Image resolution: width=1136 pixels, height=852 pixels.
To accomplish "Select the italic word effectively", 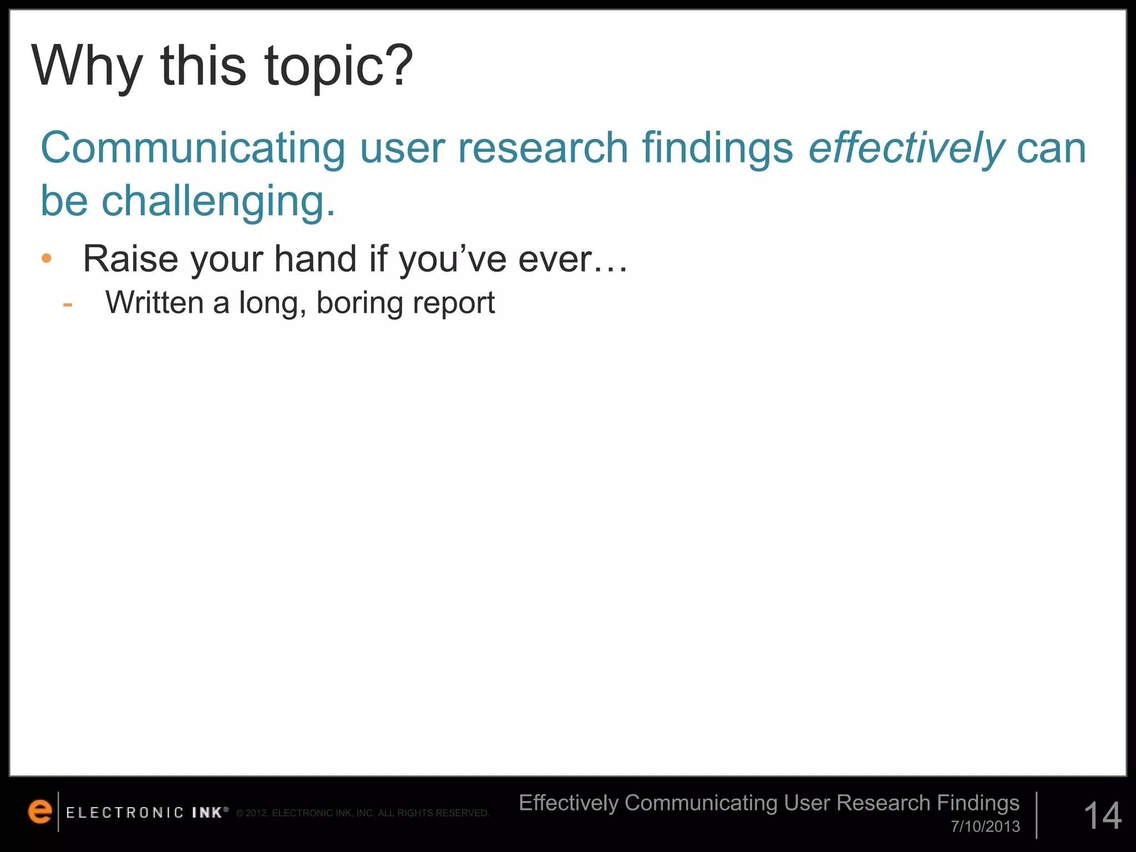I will click(906, 149).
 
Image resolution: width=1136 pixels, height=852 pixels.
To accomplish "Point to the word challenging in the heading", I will click(218, 201).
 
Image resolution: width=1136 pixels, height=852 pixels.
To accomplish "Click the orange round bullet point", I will click(47, 258).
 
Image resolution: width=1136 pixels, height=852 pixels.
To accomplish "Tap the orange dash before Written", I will click(68, 304).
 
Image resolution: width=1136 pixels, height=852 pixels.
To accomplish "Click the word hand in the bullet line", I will click(315, 258).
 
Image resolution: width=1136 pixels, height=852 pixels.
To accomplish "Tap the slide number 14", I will click(1102, 815).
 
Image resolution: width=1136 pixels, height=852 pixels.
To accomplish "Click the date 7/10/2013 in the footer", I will click(985, 826).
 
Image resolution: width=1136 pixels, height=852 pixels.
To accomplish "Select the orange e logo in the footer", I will click(39, 812).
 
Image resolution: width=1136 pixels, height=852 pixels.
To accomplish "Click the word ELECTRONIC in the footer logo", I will click(125, 813).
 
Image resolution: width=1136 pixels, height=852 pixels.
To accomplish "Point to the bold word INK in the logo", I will click(207, 813).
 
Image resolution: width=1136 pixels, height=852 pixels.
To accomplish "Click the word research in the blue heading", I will click(542, 149).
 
